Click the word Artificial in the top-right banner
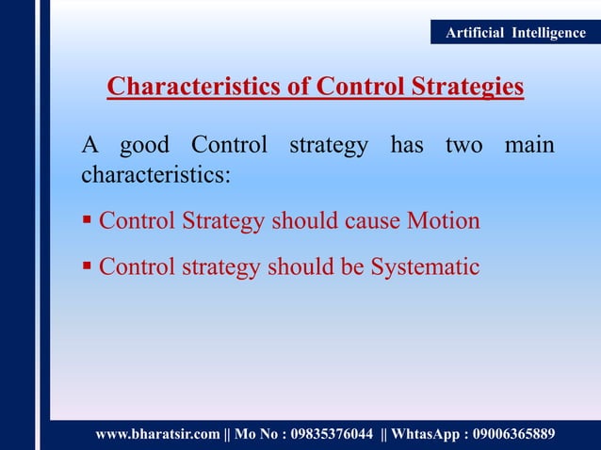(476, 33)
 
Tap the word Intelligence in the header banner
(548, 33)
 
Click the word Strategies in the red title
(466, 88)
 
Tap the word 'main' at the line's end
(528, 147)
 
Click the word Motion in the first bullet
(443, 221)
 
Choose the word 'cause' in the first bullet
(369, 221)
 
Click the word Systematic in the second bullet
(425, 267)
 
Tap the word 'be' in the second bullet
(350, 267)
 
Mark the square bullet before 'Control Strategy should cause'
(87, 222)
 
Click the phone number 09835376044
(326, 434)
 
